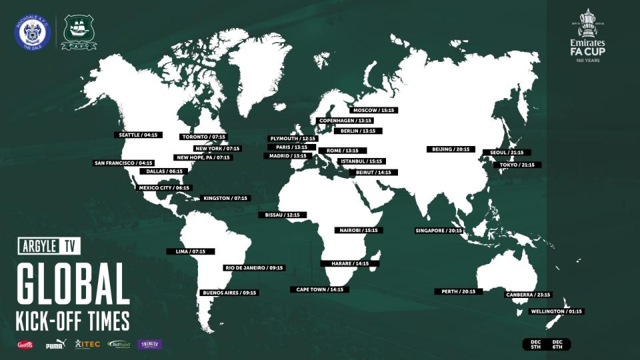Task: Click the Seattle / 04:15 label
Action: tap(138, 135)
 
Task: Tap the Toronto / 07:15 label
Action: tap(204, 137)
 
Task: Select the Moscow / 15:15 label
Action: tap(374, 109)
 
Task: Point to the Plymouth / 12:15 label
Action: tap(293, 138)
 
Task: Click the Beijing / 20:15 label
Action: tap(449, 149)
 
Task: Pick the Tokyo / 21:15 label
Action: tap(517, 165)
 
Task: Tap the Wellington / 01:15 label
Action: tap(556, 311)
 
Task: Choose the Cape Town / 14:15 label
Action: tap(317, 289)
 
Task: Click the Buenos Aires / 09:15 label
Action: tap(229, 293)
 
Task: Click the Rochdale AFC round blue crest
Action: tap(33, 31)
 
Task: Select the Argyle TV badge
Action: tap(48, 246)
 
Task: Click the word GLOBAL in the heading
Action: tap(73, 284)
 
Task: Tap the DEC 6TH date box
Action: tap(557, 344)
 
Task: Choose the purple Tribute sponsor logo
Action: tap(150, 344)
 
